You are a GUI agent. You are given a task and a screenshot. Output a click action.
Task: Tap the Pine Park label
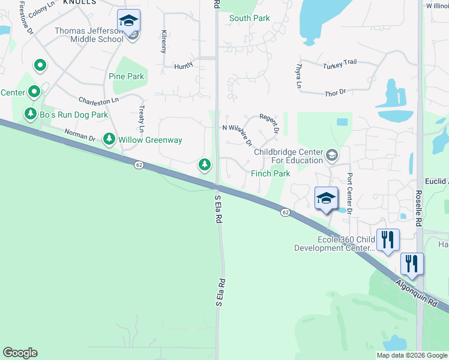pyautogui.click(x=126, y=76)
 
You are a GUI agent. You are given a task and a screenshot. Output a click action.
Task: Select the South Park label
pyautogui.click(x=249, y=18)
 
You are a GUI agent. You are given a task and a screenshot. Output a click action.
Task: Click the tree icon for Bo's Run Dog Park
pyautogui.click(x=30, y=113)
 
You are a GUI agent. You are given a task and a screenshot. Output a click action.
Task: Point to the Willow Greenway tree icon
pyautogui.click(x=109, y=140)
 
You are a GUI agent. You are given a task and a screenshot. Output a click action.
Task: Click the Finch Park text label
pyautogui.click(x=270, y=173)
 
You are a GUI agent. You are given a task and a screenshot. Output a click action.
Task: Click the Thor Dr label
pyautogui.click(x=335, y=92)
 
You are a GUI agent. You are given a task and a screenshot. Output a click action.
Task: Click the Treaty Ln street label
pyautogui.click(x=142, y=119)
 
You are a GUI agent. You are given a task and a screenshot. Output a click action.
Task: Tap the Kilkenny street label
pyautogui.click(x=164, y=41)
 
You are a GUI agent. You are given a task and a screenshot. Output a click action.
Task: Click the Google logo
pyautogui.click(x=20, y=353)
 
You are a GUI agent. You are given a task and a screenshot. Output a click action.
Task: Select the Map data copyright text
pyautogui.click(x=411, y=355)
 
